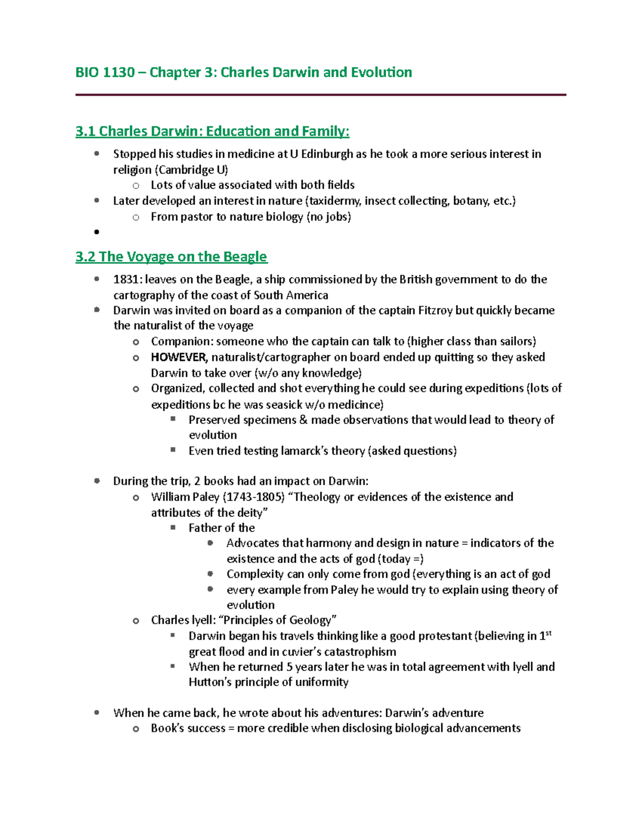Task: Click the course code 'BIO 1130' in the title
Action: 105,72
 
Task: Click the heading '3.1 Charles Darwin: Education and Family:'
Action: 212,131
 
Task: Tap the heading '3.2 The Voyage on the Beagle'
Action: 171,257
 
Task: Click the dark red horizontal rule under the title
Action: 320,95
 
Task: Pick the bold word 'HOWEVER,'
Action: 179,357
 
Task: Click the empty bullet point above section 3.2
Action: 97,232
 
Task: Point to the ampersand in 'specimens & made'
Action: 303,420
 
